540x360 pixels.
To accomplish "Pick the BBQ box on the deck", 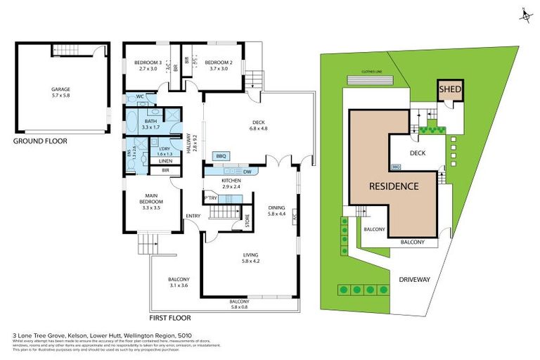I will click(219, 155).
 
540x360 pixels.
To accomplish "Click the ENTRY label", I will click(193, 216).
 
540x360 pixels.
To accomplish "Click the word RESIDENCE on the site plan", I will click(394, 186).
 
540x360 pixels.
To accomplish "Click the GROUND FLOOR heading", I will click(40, 141).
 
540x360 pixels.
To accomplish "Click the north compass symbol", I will click(524, 14).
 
